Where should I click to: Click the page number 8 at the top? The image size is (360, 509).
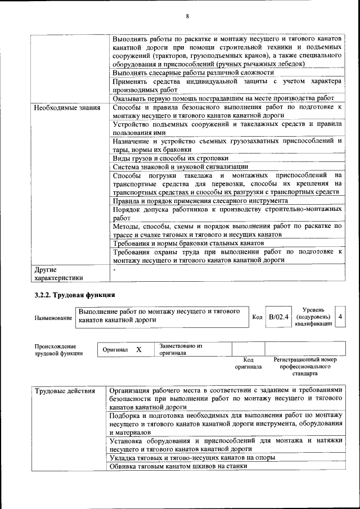click(x=186, y=16)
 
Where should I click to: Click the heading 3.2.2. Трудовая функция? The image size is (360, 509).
click(x=74, y=294)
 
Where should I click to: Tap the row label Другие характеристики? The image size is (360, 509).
click(x=58, y=273)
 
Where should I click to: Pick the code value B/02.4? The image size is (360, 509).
click(x=278, y=317)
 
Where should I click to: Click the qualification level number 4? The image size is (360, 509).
click(x=340, y=317)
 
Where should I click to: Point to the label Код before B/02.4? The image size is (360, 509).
click(x=257, y=318)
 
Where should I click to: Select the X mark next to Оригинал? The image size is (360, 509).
click(x=138, y=350)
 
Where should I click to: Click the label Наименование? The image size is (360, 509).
click(x=53, y=318)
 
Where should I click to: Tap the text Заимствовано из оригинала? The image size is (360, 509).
click(x=181, y=350)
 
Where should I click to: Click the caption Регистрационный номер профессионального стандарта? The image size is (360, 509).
click(x=305, y=366)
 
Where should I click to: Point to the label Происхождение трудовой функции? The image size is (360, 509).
click(x=55, y=350)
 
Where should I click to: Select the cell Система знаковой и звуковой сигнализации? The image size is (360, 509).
click(x=180, y=166)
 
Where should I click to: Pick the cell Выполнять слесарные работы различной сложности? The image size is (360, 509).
click(x=193, y=73)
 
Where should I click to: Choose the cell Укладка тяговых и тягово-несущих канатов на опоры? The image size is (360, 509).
click(x=192, y=458)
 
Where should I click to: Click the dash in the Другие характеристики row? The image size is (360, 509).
click(x=114, y=270)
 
